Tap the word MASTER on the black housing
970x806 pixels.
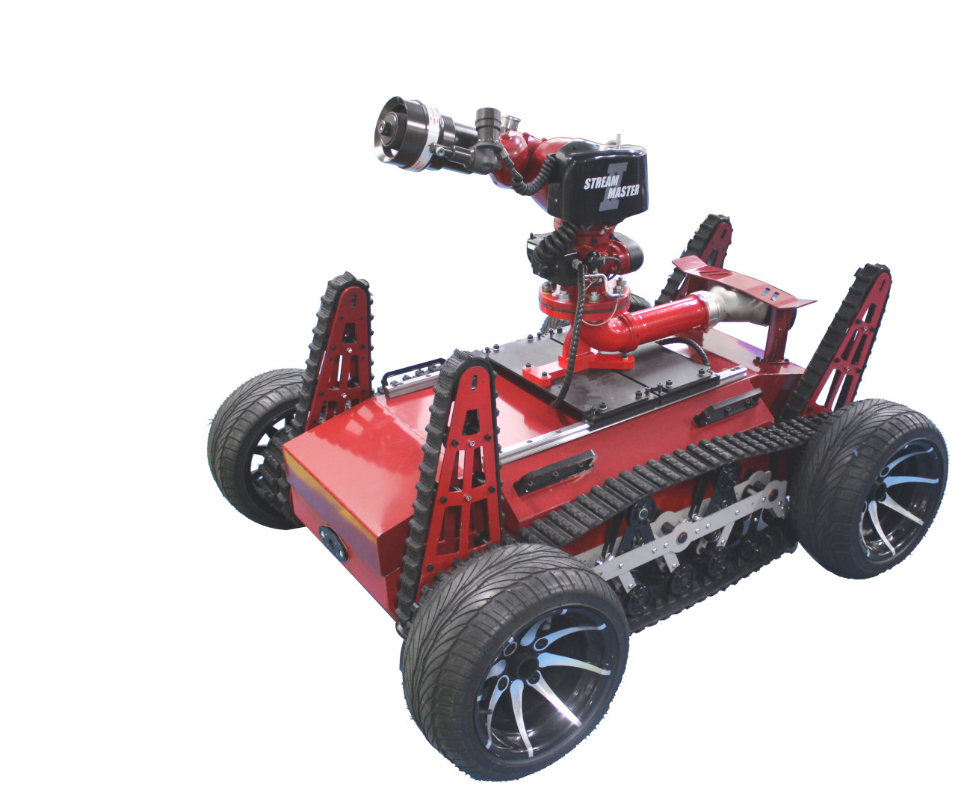(623, 191)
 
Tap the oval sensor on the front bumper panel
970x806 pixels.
(333, 543)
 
